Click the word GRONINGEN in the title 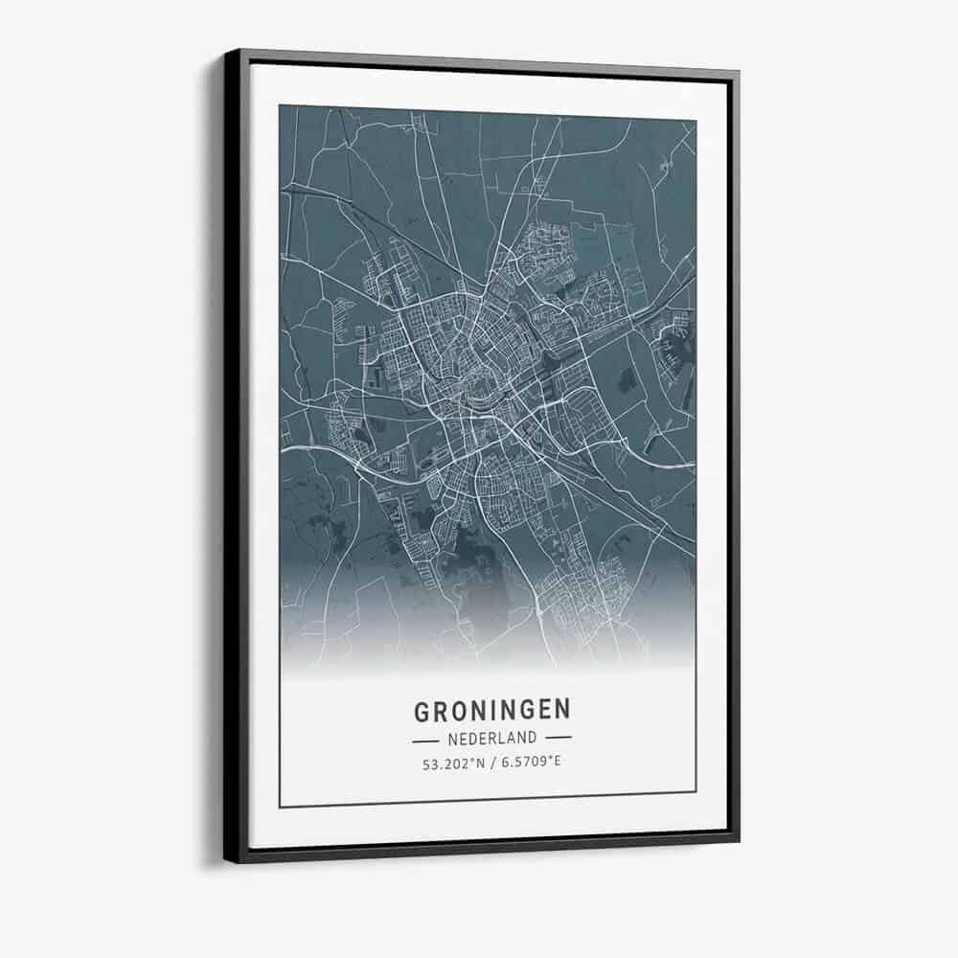[491, 710]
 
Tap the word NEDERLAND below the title [491, 739]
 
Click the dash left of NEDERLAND [424, 740]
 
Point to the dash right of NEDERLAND [558, 739]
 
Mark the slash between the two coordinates [490, 764]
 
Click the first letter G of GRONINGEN [422, 711]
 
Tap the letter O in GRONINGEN [458, 711]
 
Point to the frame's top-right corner [738, 70]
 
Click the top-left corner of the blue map [280, 105]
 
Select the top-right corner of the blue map [696, 120]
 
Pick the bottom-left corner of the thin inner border [280, 807]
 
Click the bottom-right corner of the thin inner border [696, 792]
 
